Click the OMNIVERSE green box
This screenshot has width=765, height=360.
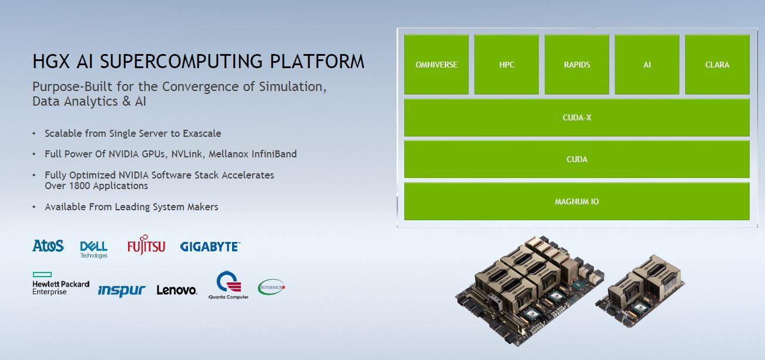436,65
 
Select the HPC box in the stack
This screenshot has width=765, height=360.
506,65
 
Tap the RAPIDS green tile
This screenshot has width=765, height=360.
576,65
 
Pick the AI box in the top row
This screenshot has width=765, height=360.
647,65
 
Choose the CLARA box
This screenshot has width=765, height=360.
717,65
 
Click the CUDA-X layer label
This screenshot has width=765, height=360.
576,117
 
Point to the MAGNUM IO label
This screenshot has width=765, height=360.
576,201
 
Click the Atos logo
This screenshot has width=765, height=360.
48,246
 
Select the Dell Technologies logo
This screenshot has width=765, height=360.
93,248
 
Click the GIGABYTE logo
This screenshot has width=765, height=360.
210,247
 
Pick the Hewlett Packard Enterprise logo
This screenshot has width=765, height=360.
61,284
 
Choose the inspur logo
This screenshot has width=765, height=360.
122,290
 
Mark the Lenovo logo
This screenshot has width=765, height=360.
176,290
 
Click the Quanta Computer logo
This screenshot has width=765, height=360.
229,285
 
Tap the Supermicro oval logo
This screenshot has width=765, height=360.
271,287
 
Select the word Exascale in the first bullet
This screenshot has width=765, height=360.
202,133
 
